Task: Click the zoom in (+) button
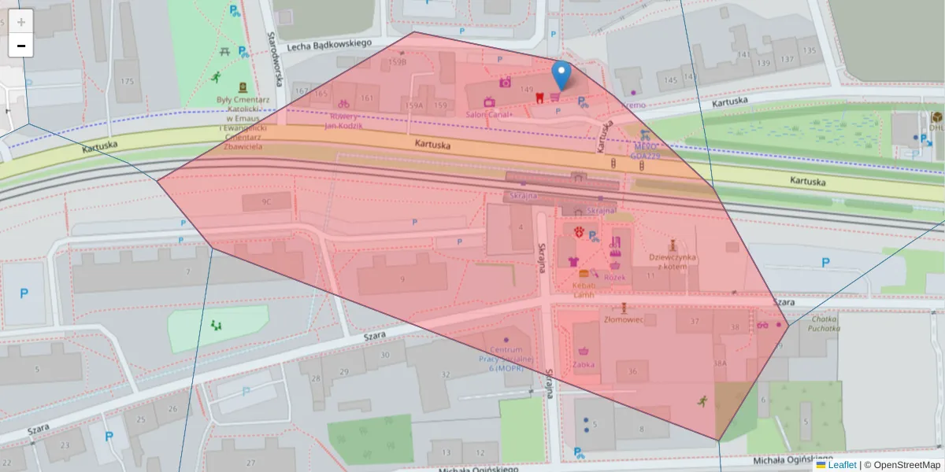click(x=21, y=21)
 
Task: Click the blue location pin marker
click(x=561, y=76)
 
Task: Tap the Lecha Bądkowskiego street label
click(x=328, y=45)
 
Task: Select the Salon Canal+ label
click(x=489, y=115)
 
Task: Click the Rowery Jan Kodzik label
click(x=343, y=121)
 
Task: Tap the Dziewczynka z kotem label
click(x=673, y=261)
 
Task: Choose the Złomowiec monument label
click(x=624, y=319)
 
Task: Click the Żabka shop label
click(x=584, y=365)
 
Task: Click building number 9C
click(x=266, y=202)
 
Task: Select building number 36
click(x=632, y=371)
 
